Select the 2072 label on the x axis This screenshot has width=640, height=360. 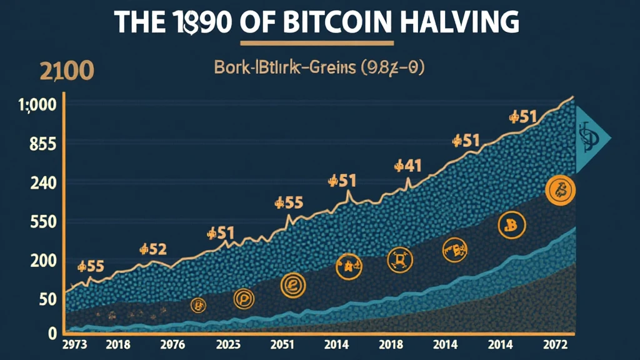click(556, 344)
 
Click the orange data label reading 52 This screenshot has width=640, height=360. click(153, 249)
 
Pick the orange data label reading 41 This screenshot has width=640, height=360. click(409, 166)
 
